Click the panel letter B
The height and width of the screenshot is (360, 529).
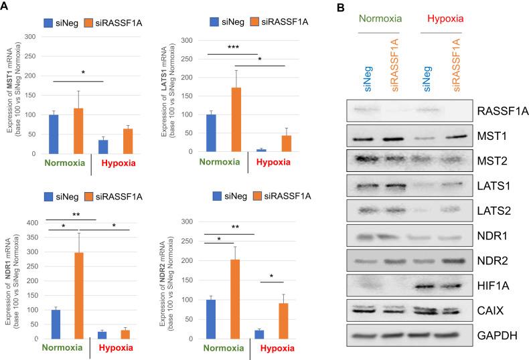click(340, 7)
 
